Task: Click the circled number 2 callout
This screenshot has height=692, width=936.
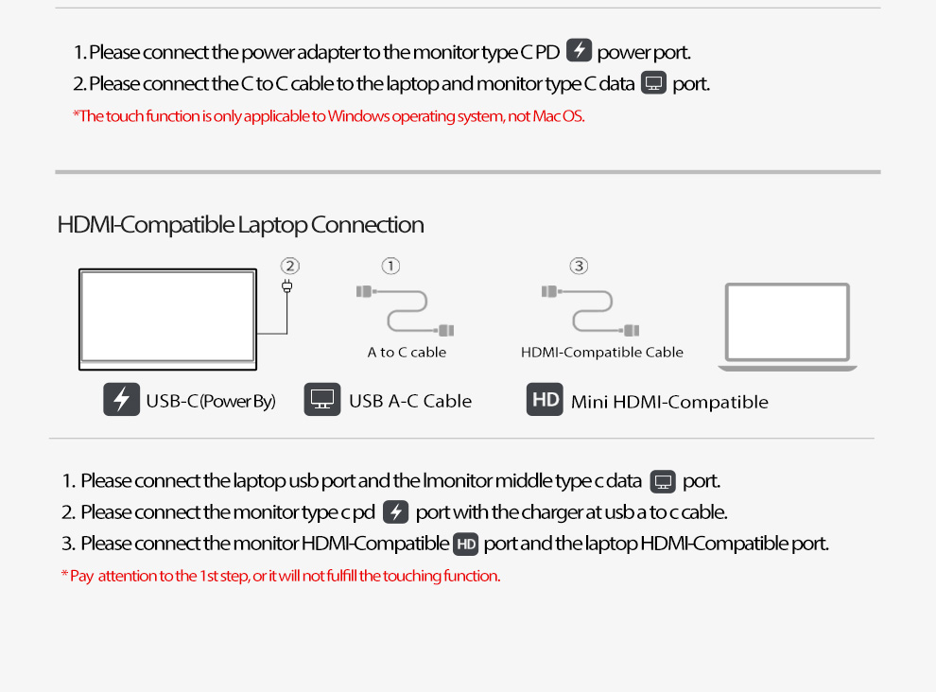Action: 290,266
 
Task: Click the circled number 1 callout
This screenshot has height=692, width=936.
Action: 390,266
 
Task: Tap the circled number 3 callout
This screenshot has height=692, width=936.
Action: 579,266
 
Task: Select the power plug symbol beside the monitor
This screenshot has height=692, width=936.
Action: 287,286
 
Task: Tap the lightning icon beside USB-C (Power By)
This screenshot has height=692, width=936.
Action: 121,400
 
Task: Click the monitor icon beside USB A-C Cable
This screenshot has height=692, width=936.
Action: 322,400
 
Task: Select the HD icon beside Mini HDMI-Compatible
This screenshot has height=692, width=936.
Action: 545,400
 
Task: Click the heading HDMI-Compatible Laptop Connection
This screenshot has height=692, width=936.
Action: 240,225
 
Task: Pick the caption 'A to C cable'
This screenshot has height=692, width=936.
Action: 407,353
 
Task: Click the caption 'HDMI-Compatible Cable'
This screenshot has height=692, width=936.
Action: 601,353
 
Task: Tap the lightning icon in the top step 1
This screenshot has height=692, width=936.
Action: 579,50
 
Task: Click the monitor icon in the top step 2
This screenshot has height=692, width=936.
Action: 653,82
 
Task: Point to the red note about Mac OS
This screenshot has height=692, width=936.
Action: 328,116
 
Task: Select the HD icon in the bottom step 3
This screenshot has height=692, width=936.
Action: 465,544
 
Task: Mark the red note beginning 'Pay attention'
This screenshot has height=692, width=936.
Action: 281,576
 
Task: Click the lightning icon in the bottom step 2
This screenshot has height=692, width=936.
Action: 396,512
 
